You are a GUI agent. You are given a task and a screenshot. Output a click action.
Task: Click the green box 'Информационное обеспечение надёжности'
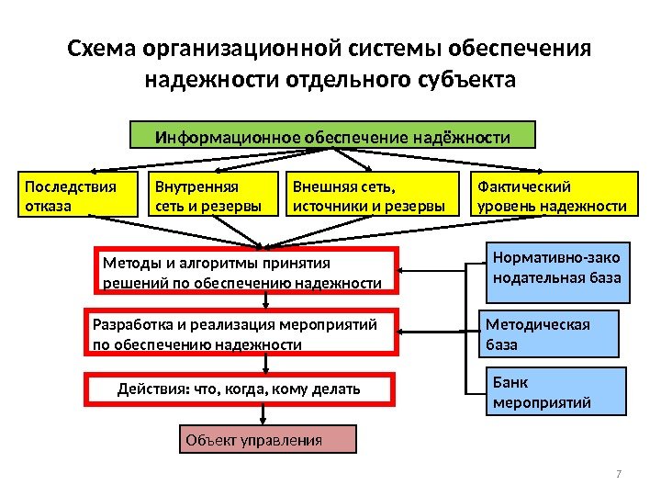[x=332, y=137]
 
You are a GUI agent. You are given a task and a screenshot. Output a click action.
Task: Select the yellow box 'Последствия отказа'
[x=75, y=196]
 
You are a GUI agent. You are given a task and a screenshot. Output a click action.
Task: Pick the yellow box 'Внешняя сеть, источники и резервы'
[x=373, y=196]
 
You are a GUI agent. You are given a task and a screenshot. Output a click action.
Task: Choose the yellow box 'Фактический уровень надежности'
[x=554, y=196]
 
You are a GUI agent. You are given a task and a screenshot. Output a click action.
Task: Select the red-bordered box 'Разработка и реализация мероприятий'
[x=242, y=333]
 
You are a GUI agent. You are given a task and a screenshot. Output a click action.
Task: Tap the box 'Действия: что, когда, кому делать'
[x=240, y=389]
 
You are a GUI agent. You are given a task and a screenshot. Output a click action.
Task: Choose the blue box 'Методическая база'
[x=551, y=333]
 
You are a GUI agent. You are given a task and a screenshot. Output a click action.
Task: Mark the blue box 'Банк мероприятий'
[x=555, y=392]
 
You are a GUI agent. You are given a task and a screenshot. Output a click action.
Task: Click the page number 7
[x=619, y=474]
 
